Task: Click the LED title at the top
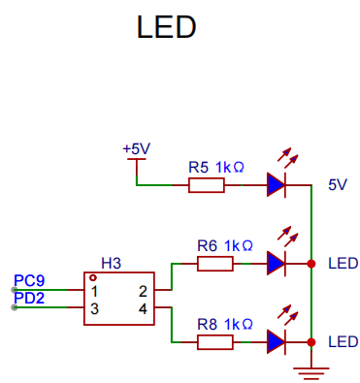[166, 27]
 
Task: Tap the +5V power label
[137, 149]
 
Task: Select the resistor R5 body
[207, 185]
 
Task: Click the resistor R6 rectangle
[215, 264]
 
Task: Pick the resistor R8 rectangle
[215, 342]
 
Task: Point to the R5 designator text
[198, 168]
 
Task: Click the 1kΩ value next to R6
[239, 246]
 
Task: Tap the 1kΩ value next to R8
[239, 324]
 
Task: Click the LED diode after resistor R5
[277, 184]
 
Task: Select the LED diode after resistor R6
[277, 264]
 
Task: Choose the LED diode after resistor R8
[277, 342]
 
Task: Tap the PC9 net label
[29, 281]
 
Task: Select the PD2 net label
[29, 298]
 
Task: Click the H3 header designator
[112, 264]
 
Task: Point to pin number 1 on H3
[94, 292]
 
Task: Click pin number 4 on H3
[143, 309]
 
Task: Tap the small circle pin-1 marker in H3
[93, 277]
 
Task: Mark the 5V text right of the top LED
[338, 185]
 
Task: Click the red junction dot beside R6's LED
[311, 264]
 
